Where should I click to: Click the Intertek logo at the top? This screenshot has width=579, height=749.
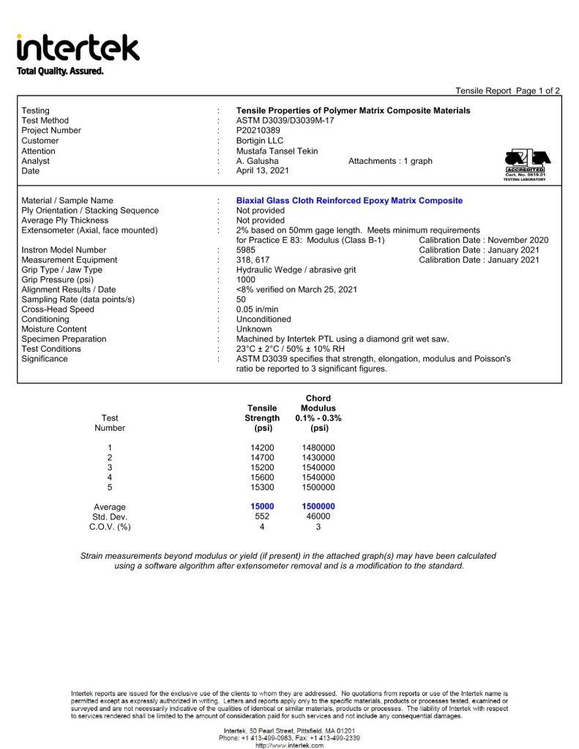pos(78,48)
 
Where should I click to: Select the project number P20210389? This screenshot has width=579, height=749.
pos(258,131)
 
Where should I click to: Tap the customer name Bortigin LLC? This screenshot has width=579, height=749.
pos(260,141)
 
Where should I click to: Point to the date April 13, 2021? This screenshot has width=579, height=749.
pos(263,171)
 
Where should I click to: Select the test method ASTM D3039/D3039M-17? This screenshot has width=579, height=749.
pos(285,121)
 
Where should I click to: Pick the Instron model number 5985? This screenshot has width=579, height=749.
pos(246,250)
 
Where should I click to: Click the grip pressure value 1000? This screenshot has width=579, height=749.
pos(246,279)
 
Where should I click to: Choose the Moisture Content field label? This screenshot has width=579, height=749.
pos(54,329)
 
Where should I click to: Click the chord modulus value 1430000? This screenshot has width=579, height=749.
pos(318,458)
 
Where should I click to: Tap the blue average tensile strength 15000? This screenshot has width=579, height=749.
pos(262,507)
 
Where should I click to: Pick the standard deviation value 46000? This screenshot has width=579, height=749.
pos(318,517)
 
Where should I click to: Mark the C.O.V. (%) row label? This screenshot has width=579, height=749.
pos(110,527)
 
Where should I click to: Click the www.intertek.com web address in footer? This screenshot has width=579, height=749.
pos(289,745)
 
